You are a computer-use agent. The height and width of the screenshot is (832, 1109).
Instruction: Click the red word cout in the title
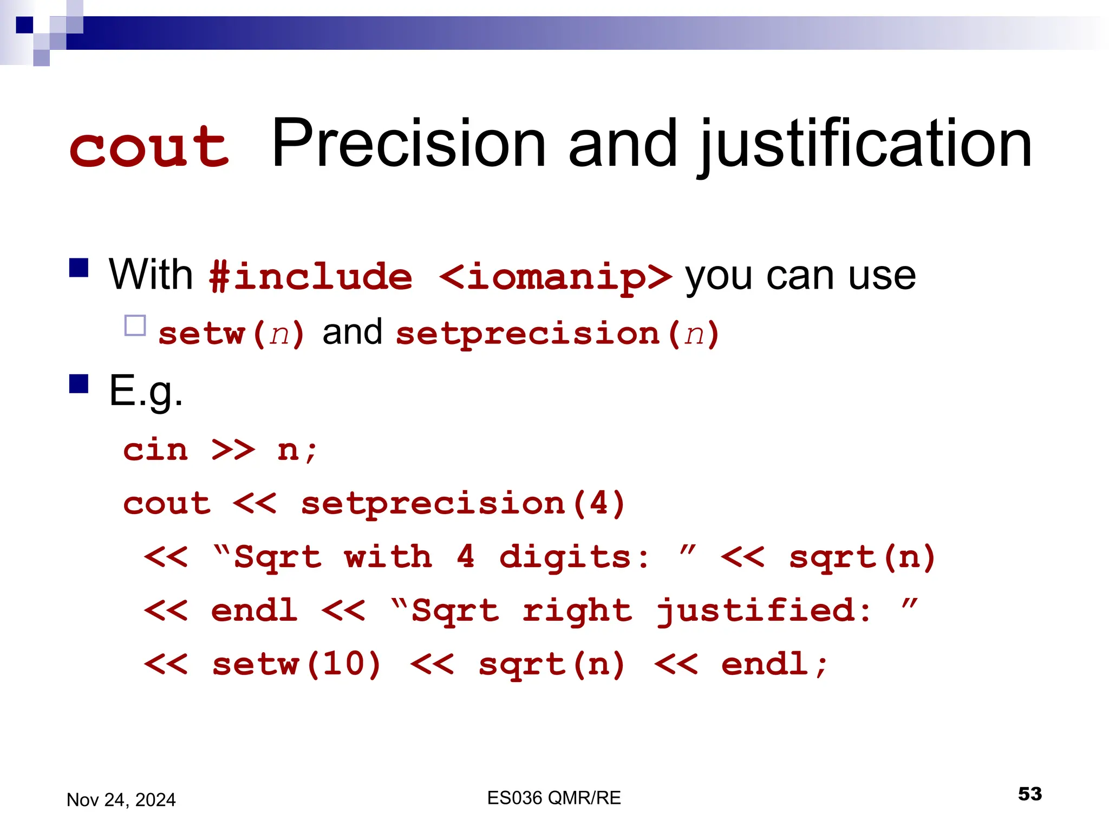pos(149,146)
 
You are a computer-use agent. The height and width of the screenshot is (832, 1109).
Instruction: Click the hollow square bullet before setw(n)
pos(135,326)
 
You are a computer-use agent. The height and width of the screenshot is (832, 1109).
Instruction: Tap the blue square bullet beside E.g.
pos(79,383)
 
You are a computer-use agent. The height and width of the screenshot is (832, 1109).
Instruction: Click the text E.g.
pos(145,391)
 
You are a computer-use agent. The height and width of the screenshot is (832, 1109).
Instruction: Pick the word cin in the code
pos(155,450)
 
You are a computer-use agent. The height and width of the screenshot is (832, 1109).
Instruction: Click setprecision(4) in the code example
pos(464,504)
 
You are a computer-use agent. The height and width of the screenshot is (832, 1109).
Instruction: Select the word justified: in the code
pos(764,611)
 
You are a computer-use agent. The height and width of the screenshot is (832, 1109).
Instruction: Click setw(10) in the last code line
pos(297,665)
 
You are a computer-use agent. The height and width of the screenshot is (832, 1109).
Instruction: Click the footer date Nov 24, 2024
pos(121,799)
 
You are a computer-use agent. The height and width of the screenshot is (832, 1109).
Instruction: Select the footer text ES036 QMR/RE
pos(553,798)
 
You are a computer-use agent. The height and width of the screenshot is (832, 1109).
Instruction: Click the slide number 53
pos(1029,794)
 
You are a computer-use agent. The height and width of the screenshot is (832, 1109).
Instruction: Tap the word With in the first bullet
pos(151,275)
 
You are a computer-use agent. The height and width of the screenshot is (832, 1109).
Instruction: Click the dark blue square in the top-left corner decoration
pos(24,25)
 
